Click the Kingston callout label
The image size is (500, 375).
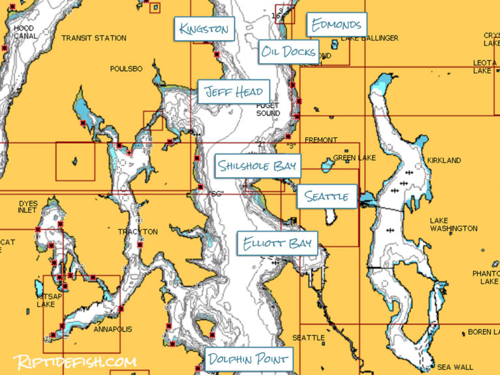coord(204,29)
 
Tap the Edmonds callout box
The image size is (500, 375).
coord(336,25)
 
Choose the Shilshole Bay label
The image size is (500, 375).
coord(257,166)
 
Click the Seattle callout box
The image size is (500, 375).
coord(327,196)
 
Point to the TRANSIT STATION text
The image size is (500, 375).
coord(94,38)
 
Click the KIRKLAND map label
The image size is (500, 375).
coord(444,160)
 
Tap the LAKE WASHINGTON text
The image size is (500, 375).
coord(453,225)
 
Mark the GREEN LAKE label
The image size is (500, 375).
coord(352,158)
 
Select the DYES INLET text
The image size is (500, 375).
coord(28,207)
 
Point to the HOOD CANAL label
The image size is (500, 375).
coord(24,32)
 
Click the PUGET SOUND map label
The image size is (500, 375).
coord(268,109)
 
